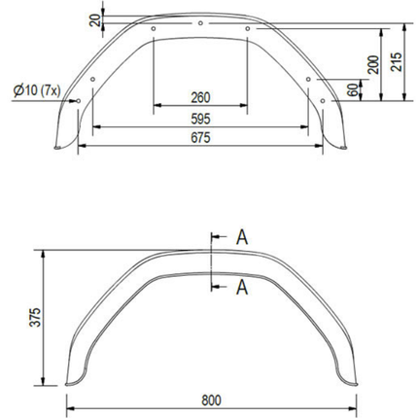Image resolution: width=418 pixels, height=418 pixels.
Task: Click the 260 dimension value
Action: tap(200, 97)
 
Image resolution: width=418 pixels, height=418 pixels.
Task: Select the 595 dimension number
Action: tap(200, 118)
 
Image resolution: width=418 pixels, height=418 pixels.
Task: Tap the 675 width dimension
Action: tap(200, 138)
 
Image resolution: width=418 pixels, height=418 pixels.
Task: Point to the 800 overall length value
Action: tap(213, 399)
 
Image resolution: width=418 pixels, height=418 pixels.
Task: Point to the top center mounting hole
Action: tap(199, 22)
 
